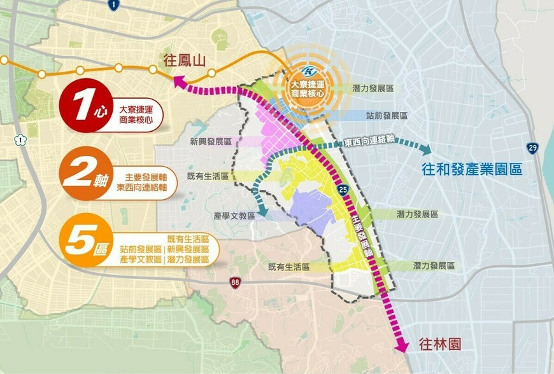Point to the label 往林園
tap(439, 344)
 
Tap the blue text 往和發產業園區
tap(472, 170)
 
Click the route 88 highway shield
tap(235, 283)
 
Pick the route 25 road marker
tap(343, 189)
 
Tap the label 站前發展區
tap(387, 116)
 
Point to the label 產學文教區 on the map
tap(234, 216)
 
